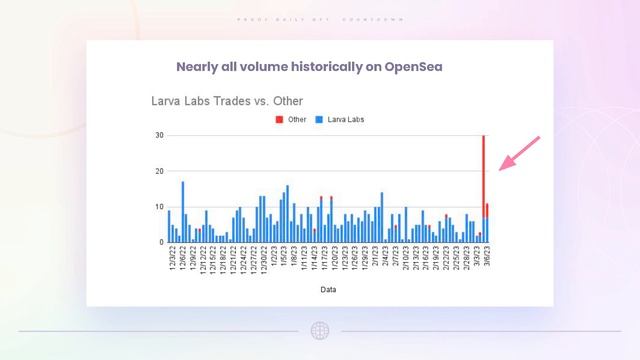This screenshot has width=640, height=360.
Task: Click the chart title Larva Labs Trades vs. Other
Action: (x=227, y=101)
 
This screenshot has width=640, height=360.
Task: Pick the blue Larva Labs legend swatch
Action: (x=319, y=119)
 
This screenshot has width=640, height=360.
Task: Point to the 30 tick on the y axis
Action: (x=159, y=135)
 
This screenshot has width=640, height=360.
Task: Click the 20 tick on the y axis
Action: (x=159, y=171)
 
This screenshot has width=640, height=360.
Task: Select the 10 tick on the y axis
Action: (x=159, y=207)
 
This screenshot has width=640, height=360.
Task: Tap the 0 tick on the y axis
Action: (x=161, y=242)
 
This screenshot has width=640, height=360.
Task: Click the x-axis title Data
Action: (x=328, y=290)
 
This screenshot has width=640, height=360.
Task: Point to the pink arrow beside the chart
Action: (x=519, y=155)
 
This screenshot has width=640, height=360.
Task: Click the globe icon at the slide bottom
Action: (x=320, y=330)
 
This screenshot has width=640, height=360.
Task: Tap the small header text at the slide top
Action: (x=320, y=20)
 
